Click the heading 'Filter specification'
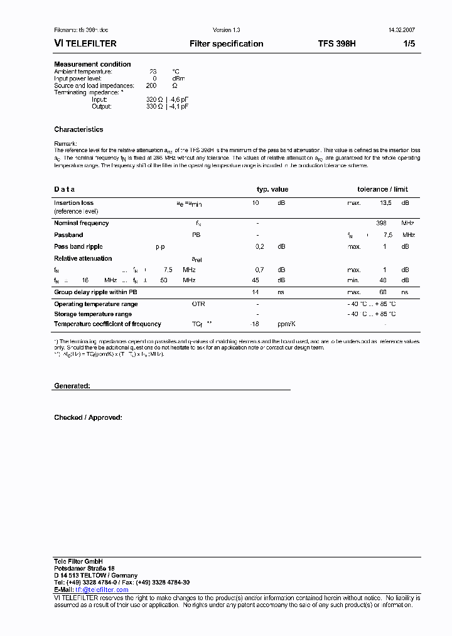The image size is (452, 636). (226, 44)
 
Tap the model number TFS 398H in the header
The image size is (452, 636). (336, 44)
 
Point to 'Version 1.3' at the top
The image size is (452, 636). (226, 30)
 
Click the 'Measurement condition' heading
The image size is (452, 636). (92, 64)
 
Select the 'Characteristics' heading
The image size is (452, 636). (78, 129)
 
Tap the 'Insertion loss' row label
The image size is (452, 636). (73, 203)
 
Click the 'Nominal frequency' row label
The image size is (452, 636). (81, 223)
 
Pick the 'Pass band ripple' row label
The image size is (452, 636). (78, 247)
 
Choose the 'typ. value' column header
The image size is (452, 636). (272, 189)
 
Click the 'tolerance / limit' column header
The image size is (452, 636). (382, 189)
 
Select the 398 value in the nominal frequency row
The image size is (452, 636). (381, 223)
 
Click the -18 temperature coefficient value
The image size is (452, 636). (255, 324)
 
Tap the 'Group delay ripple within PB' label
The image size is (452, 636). (95, 292)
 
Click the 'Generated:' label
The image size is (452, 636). (72, 386)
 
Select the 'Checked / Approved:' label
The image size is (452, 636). (88, 417)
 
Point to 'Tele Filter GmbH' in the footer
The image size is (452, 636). (78, 561)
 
